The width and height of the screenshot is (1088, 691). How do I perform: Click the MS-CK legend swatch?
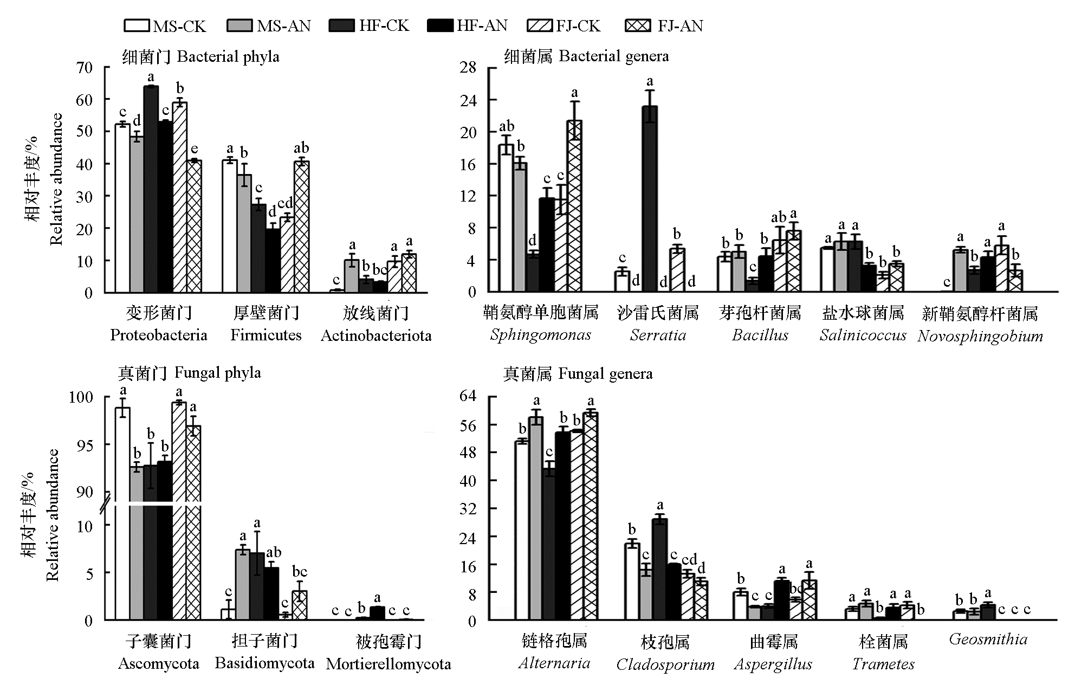pos(137,25)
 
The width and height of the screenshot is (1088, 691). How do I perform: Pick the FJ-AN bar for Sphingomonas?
pos(574,206)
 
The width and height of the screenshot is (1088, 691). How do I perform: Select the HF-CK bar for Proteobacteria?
pos(151,189)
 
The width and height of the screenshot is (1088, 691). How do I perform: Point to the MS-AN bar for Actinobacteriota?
pos(352,276)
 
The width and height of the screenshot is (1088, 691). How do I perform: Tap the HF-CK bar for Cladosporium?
pos(659,569)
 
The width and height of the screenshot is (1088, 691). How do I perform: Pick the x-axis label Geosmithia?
pos(988,639)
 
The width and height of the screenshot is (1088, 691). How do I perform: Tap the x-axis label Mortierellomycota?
pos(388,664)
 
